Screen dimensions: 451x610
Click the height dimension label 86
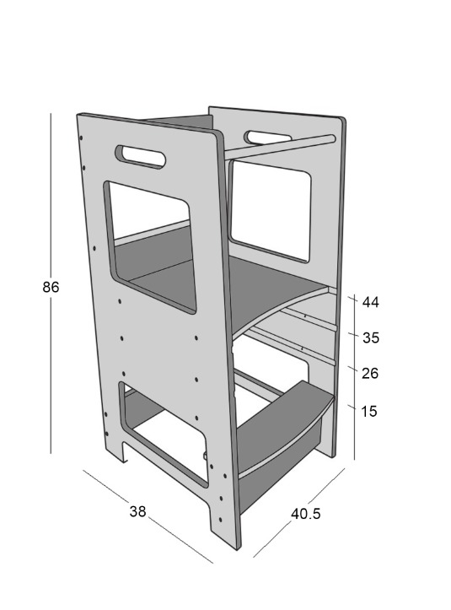51,287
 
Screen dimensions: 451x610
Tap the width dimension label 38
137,511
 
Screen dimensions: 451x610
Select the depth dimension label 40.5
306,514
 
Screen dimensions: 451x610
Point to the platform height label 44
371,302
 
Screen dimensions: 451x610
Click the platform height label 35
371,337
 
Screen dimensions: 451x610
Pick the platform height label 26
370,374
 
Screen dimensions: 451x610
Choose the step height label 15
369,411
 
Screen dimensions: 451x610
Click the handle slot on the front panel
140,157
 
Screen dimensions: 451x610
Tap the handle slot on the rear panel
267,137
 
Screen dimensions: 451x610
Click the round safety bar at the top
279,146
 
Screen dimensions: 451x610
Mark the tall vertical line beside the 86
51,283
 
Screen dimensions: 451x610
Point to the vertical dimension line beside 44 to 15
355,376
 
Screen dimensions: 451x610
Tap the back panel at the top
180,121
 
